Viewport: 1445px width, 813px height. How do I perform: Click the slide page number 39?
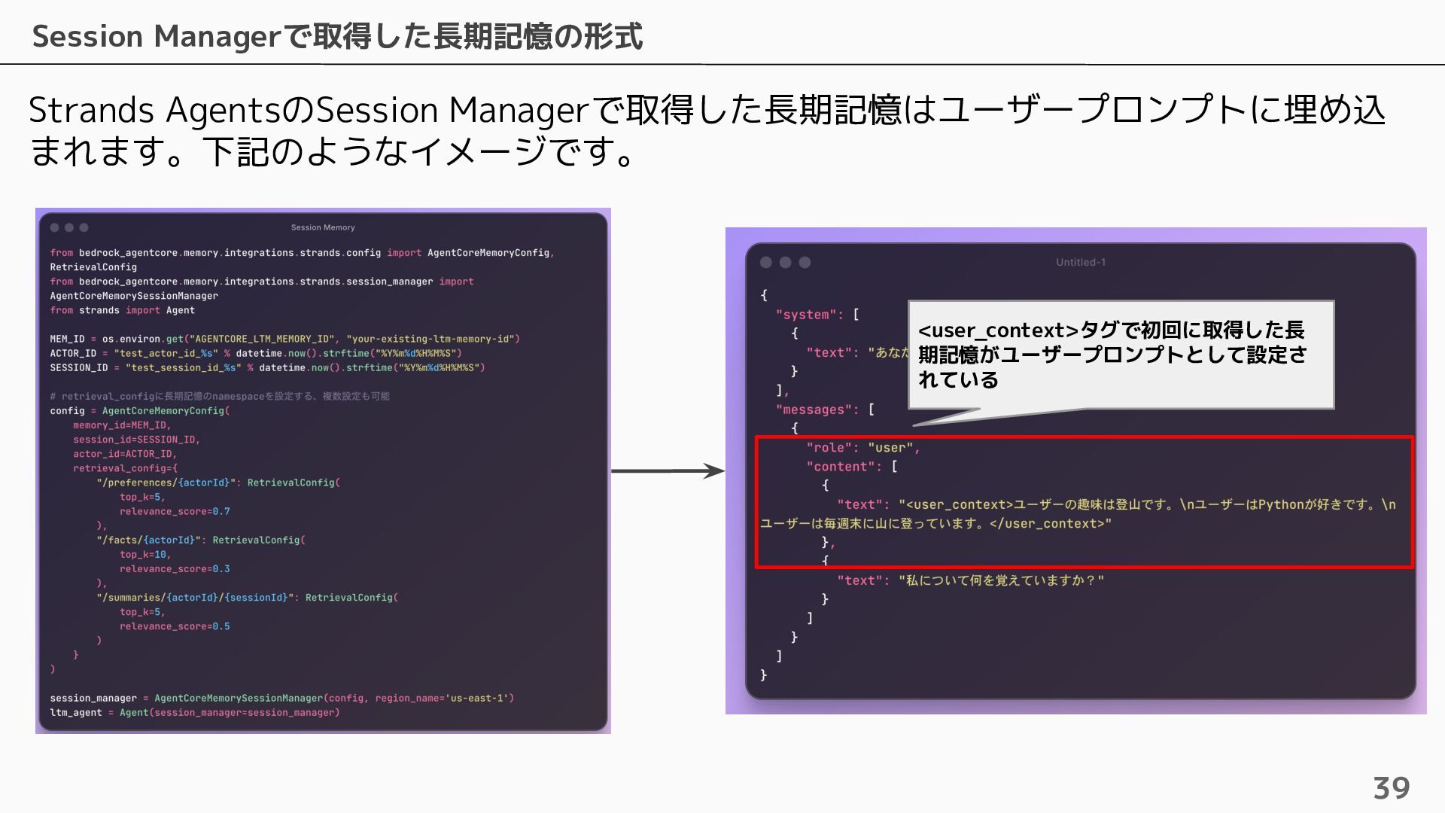point(1391,788)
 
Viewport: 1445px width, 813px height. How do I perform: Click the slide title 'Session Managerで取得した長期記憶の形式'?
point(337,36)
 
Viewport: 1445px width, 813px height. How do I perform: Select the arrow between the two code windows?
point(667,471)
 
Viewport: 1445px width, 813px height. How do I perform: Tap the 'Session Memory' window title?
point(323,227)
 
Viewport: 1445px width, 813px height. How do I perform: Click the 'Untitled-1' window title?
point(1080,262)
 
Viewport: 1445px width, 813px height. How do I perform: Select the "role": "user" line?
point(862,448)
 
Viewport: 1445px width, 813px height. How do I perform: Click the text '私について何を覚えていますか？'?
point(1000,580)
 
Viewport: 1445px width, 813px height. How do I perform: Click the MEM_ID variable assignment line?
point(284,339)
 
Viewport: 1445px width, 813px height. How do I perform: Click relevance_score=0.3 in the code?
point(175,569)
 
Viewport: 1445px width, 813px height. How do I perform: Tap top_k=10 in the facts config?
point(144,555)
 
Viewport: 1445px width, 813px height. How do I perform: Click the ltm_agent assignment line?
point(194,713)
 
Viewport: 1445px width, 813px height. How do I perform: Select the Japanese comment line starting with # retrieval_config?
point(219,396)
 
